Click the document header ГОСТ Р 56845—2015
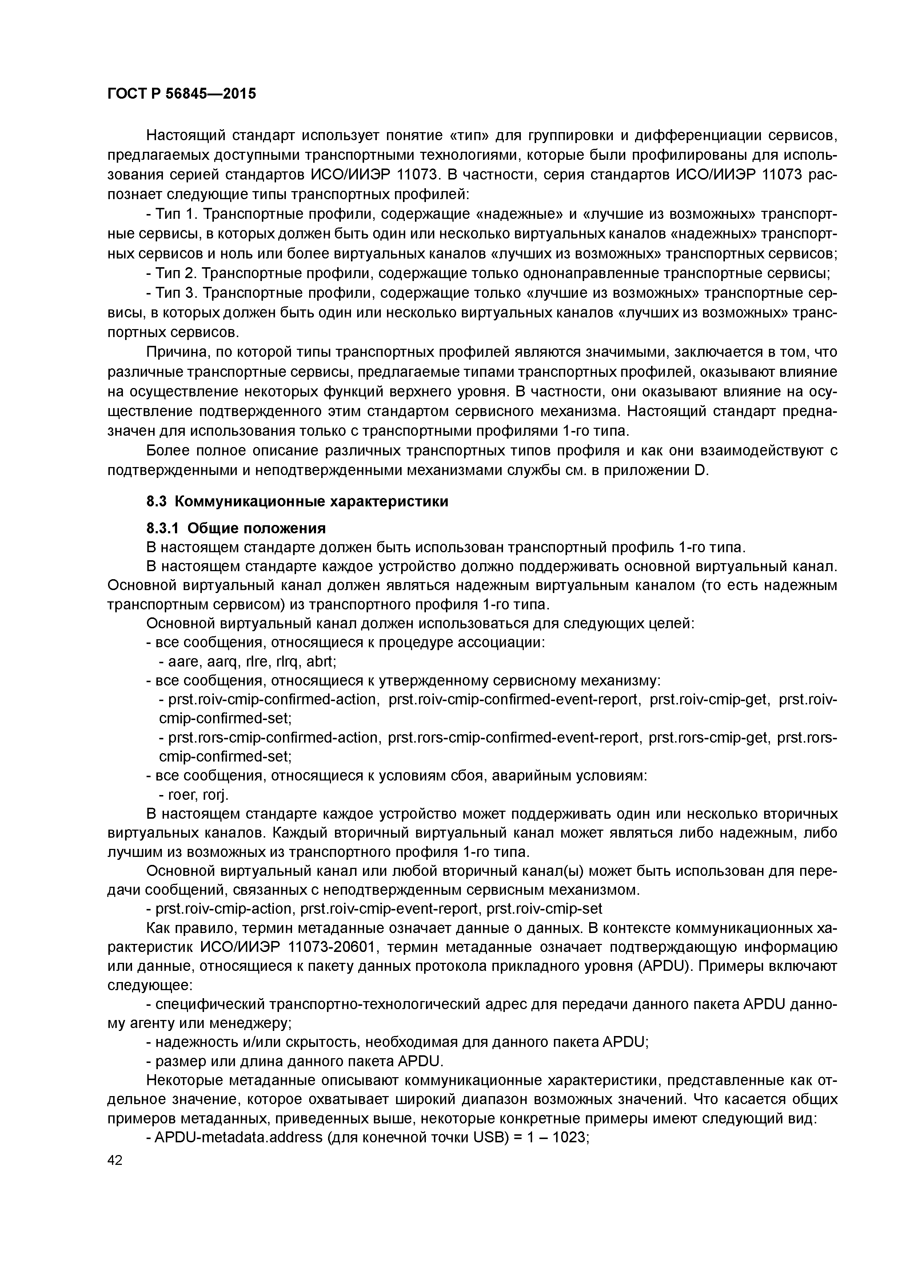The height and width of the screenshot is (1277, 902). pyautogui.click(x=181, y=94)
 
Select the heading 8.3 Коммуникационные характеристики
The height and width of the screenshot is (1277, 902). pyautogui.click(x=297, y=501)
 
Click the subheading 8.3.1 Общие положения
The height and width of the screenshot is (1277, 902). pyautogui.click(x=236, y=527)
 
